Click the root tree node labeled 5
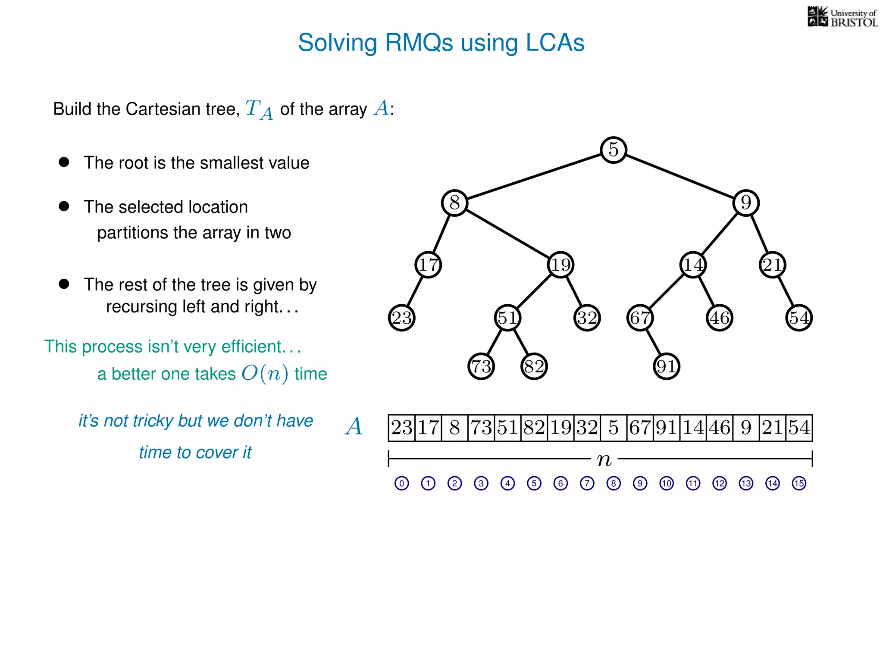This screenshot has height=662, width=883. [x=613, y=150]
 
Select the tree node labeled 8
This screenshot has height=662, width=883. [x=454, y=203]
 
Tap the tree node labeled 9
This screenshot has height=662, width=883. [x=746, y=203]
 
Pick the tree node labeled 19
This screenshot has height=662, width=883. [x=560, y=265]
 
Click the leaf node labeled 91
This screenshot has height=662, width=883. [x=667, y=366]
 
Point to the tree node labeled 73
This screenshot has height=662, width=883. [x=481, y=366]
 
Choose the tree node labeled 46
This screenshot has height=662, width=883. [x=720, y=318]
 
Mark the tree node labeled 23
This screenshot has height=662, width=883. [x=402, y=318]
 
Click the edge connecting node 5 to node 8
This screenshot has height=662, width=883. [x=534, y=176]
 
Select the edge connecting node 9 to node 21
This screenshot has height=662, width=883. [x=759, y=234]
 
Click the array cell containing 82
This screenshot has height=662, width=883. [x=534, y=428]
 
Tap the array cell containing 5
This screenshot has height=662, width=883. [x=614, y=428]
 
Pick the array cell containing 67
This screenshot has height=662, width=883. [x=640, y=428]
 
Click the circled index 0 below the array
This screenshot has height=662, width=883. [x=402, y=483]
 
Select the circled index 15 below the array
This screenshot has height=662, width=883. [x=799, y=483]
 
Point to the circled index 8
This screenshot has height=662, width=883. [x=614, y=483]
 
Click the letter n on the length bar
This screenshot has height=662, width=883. [x=604, y=460]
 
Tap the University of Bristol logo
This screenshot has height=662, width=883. [x=842, y=17]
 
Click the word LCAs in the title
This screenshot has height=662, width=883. [x=555, y=43]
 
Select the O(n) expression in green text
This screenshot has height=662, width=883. [x=265, y=373]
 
